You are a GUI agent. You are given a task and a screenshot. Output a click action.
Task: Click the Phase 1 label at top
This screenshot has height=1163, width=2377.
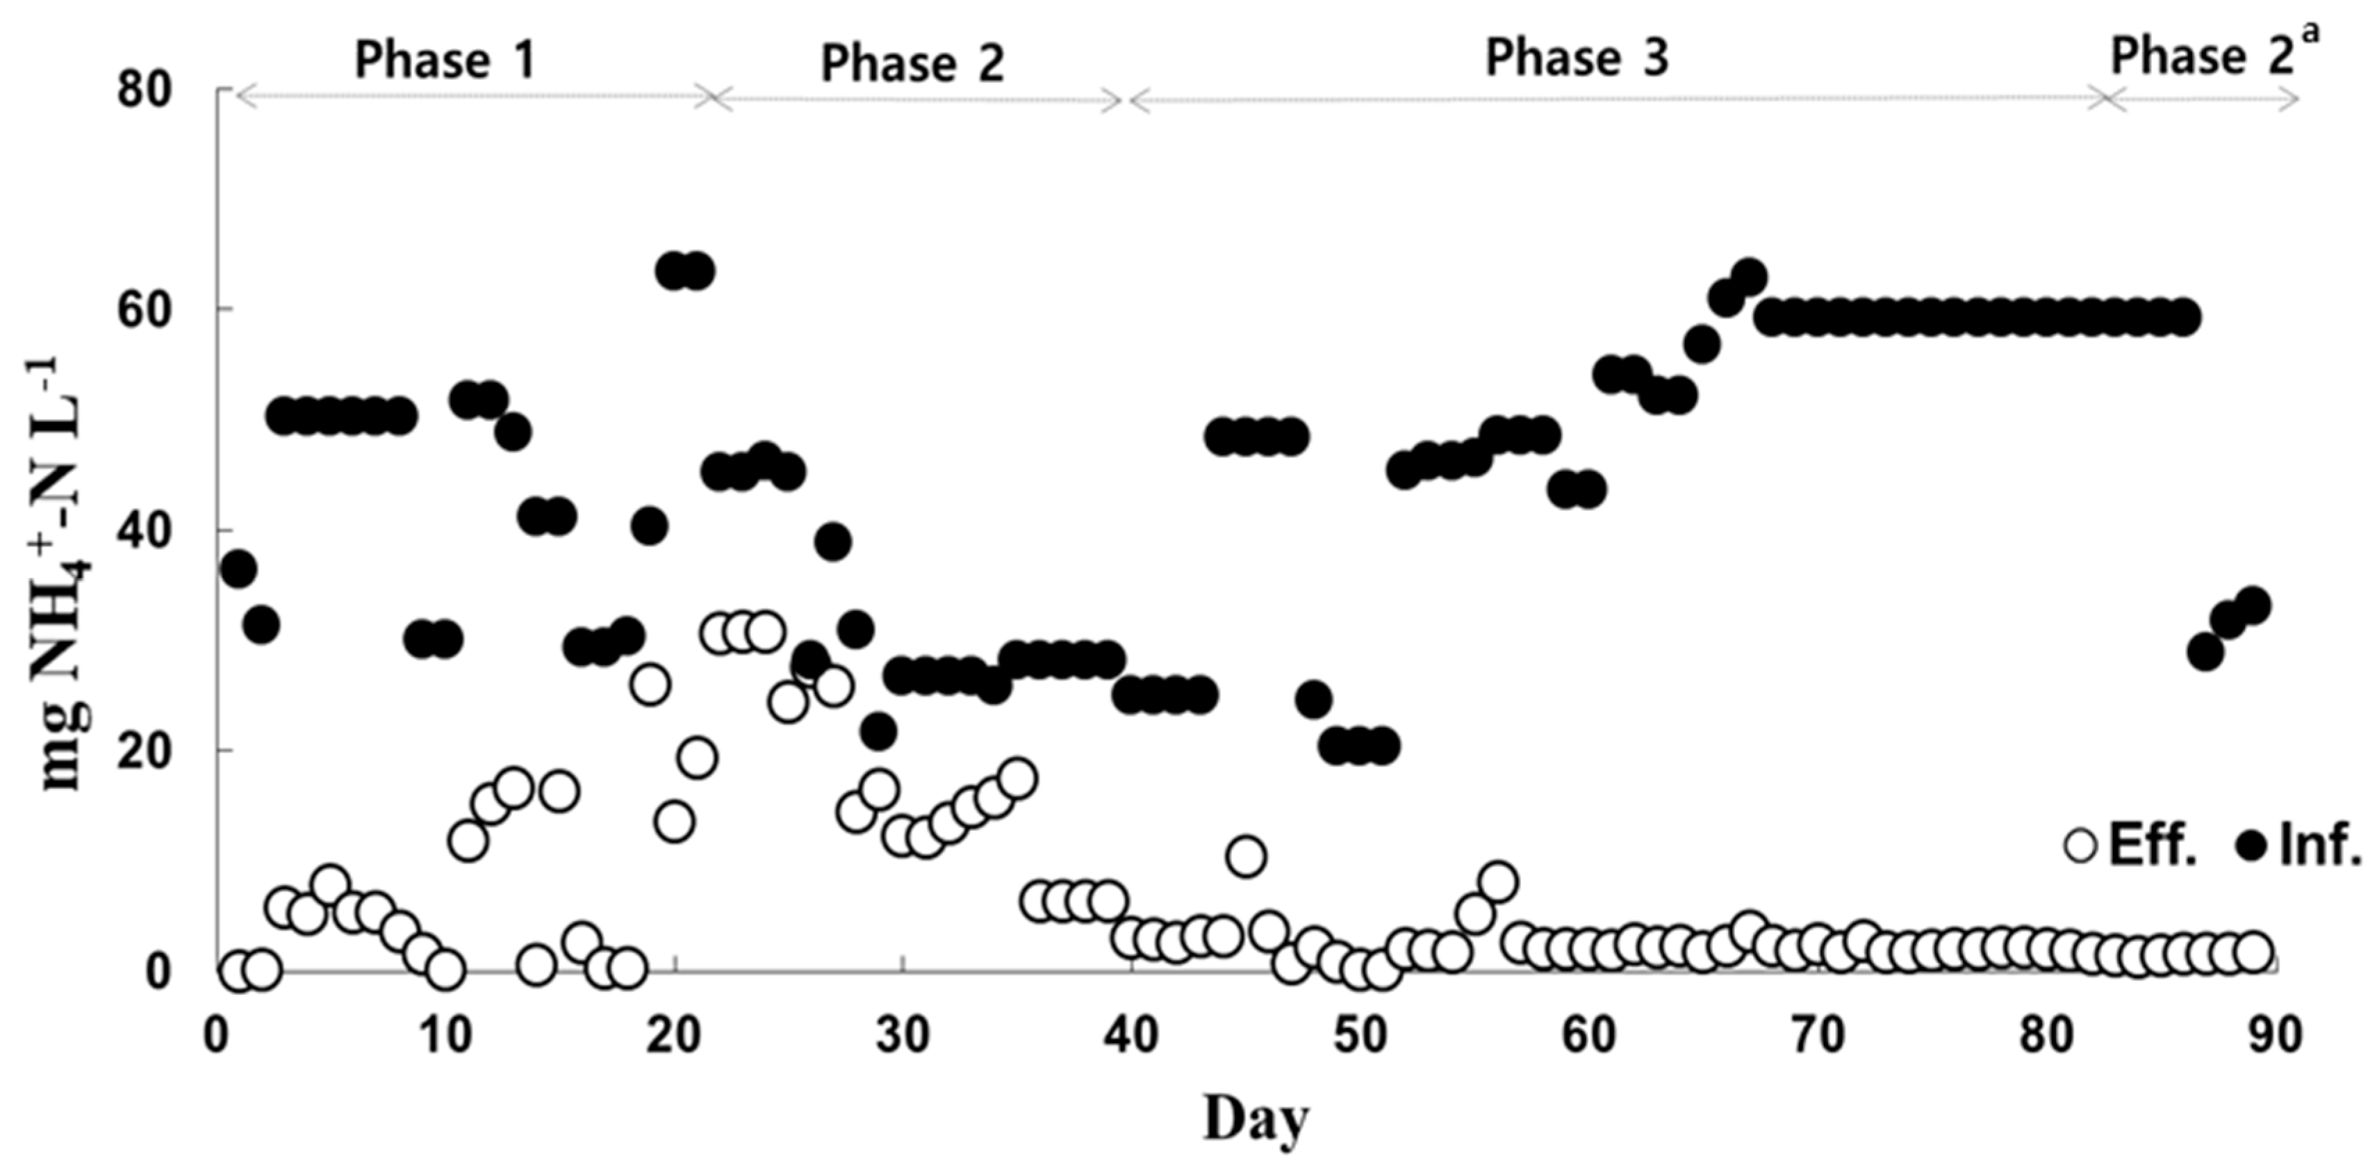[445, 61]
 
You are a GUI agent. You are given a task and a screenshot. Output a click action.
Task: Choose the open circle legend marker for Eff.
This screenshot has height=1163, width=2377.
[2081, 845]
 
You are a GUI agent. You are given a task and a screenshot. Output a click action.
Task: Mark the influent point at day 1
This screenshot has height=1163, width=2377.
[239, 569]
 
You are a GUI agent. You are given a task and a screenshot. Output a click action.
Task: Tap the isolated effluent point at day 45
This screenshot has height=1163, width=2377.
[1246, 856]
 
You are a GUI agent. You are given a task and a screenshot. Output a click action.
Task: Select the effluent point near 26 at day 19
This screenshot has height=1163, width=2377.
[650, 685]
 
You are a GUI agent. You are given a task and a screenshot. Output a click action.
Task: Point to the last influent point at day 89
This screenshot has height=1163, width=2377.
[2251, 605]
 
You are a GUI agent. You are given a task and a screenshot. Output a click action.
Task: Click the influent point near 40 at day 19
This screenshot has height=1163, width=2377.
[650, 527]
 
